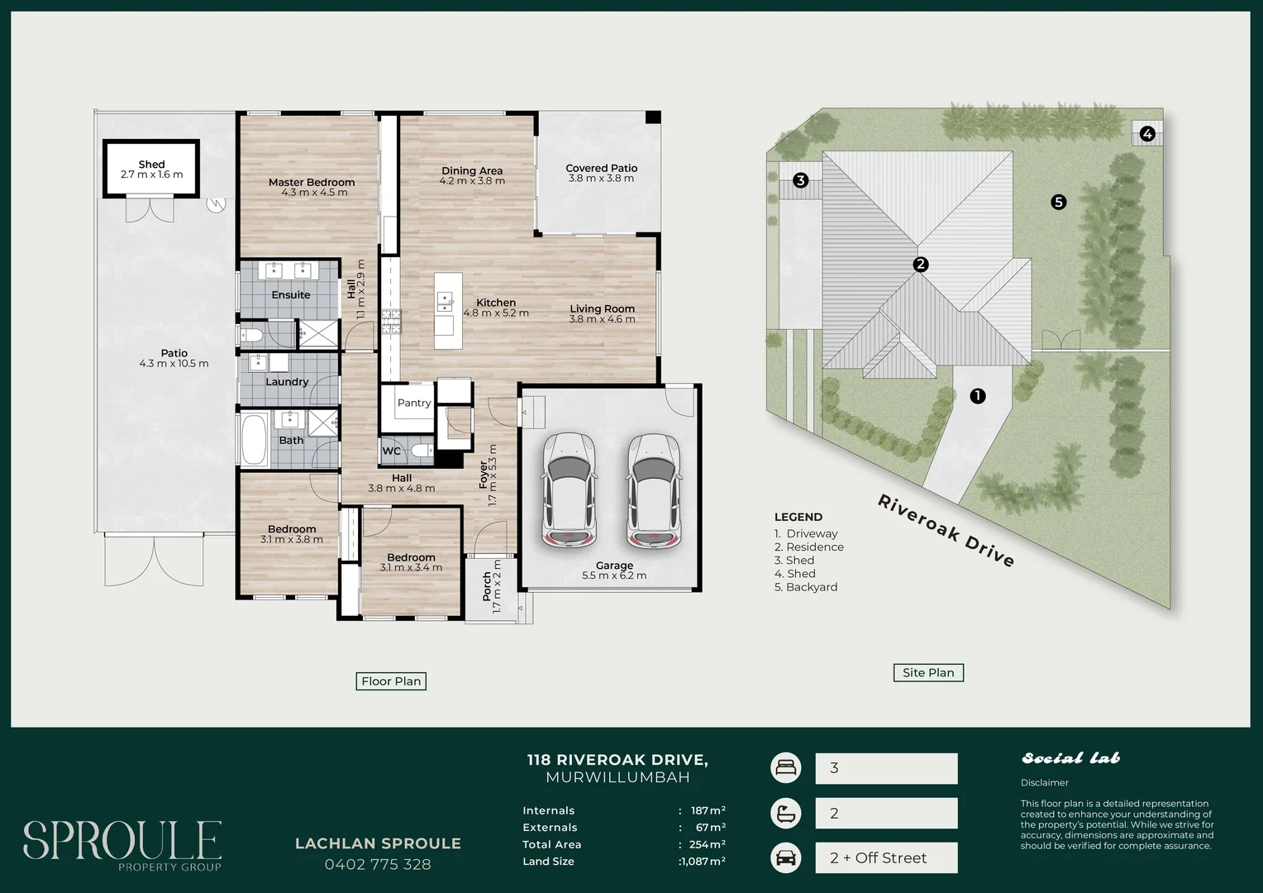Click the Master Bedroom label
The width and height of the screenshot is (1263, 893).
(x=312, y=182)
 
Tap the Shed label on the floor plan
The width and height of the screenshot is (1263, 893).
(x=151, y=165)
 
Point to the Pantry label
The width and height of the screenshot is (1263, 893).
(x=414, y=403)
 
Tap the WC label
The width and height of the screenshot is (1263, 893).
(x=391, y=451)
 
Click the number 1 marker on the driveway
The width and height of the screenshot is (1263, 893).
(x=978, y=396)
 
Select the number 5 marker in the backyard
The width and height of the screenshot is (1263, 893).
(x=1058, y=202)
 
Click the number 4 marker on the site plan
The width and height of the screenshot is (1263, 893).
(x=1146, y=134)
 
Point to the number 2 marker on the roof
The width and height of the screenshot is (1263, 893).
(x=920, y=264)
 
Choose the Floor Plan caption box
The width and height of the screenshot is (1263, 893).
(x=391, y=680)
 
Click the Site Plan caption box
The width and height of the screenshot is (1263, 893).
(x=928, y=672)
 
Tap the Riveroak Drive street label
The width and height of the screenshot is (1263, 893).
(x=946, y=530)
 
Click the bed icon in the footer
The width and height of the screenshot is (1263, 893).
(x=786, y=768)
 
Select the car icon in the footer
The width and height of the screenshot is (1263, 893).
(x=786, y=858)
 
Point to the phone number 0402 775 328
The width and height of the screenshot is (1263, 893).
(x=378, y=864)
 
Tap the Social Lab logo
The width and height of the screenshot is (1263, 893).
(x=1070, y=758)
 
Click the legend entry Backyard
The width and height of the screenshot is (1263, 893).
(x=806, y=587)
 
